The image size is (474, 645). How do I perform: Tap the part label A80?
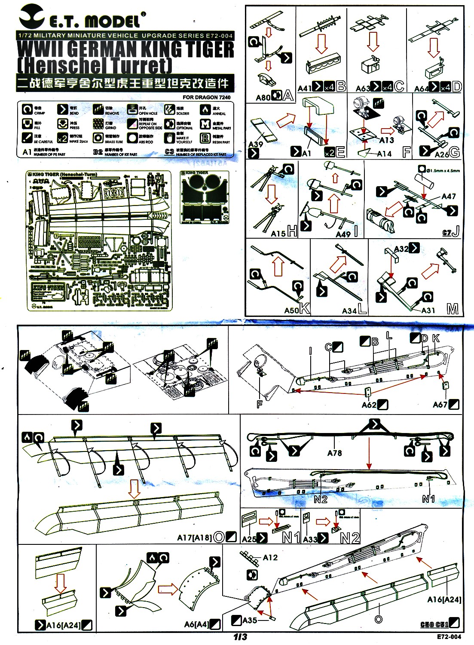tap(263, 97)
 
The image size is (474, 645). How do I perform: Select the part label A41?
tap(304, 88)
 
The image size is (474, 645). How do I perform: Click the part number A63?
tap(363, 89)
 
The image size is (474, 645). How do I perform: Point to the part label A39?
tap(256, 144)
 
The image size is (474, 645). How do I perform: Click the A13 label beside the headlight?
tap(386, 140)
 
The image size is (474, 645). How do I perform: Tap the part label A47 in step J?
tap(448, 197)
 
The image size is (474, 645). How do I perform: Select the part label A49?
tap(343, 234)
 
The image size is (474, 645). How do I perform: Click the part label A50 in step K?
tap(291, 310)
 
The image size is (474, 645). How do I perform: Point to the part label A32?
tap(401, 249)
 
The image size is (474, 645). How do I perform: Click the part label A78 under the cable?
tap(334, 453)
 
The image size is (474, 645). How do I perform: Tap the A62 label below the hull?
tap(369, 405)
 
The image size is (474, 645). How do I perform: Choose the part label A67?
tap(440, 405)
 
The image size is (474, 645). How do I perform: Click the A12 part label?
tap(270, 558)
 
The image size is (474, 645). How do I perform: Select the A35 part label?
tap(250, 620)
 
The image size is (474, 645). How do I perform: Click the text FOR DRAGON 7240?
tap(206, 98)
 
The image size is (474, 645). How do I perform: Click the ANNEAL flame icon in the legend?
tap(205, 110)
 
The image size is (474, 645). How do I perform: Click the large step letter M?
tap(453, 309)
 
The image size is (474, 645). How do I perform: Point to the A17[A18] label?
tap(194, 537)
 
